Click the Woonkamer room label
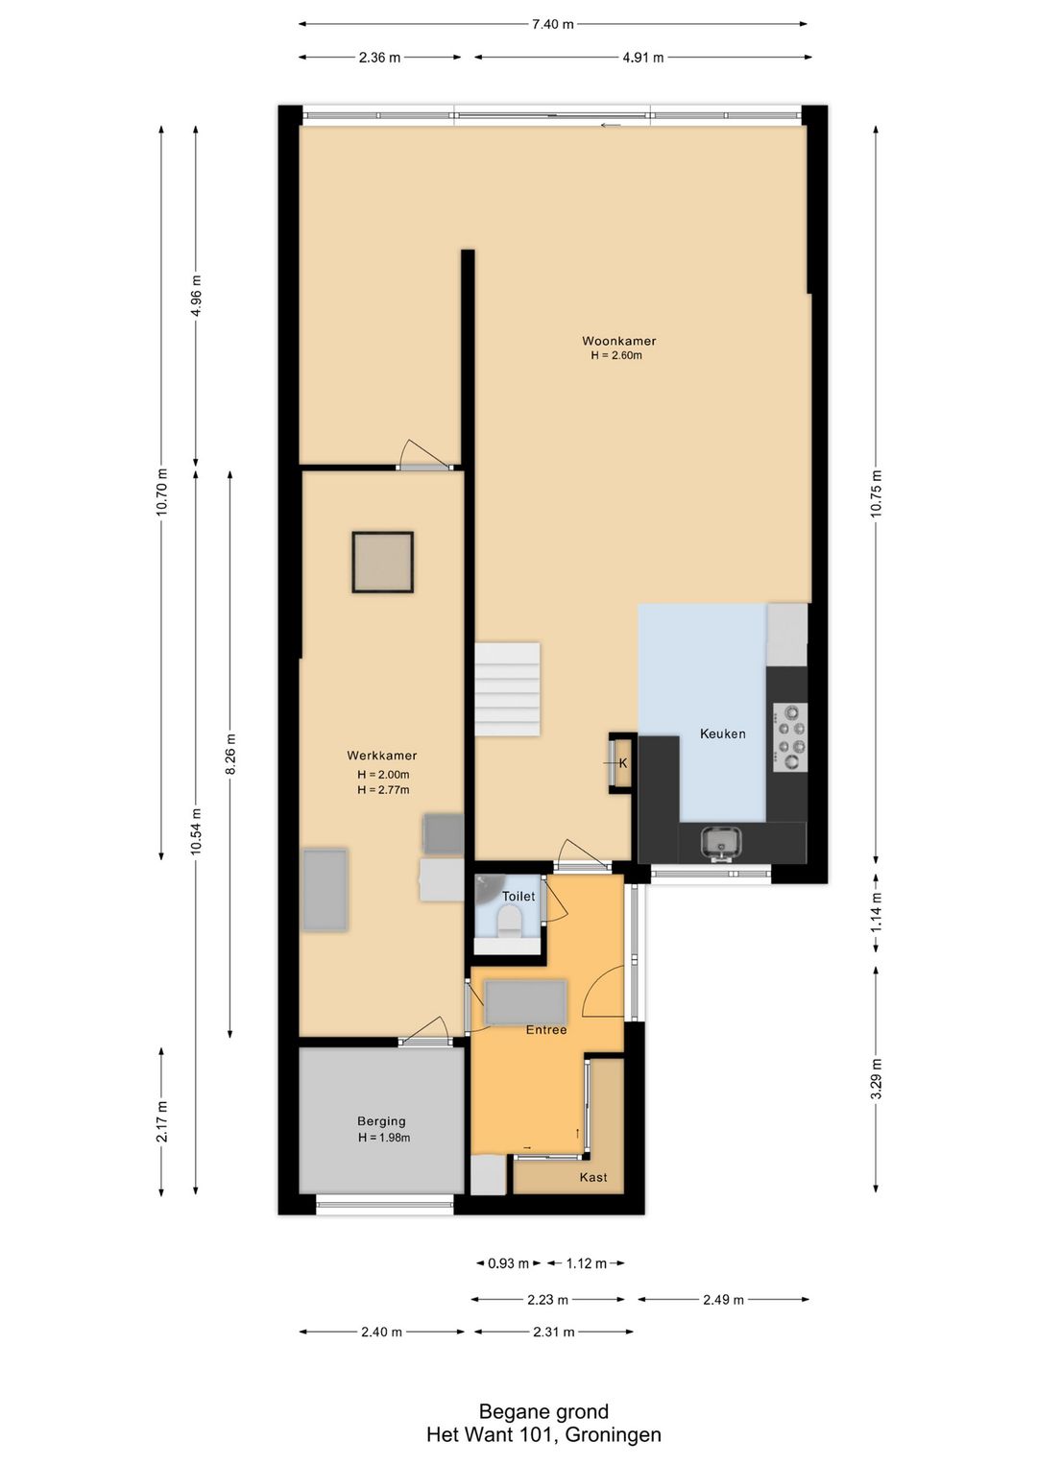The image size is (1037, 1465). pos(618,341)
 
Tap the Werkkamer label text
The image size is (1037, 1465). pos(381,756)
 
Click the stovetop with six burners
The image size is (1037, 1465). pos(789,737)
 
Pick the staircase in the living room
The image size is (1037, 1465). pos(508,689)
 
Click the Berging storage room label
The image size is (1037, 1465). pos(381,1121)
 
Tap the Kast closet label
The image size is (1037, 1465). pos(592,1177)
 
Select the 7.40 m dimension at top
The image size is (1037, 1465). pos(553,24)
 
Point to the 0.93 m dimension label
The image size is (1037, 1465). pos(508,1263)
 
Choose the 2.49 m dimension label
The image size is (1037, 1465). pos(724,1300)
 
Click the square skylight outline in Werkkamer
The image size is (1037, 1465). pos(383,563)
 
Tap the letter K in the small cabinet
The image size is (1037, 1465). pos(623,762)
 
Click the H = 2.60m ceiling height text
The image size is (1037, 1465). pos(616,356)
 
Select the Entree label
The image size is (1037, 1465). pos(546,1030)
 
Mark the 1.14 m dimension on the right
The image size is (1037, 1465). pos(876,912)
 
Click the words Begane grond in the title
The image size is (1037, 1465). pos(543,1412)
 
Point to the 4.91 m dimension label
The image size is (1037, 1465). pos(643,58)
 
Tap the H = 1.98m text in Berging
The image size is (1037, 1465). pos(384,1138)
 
